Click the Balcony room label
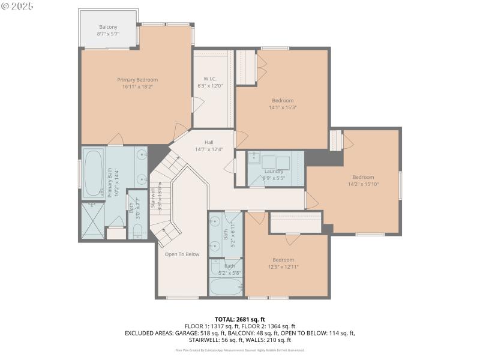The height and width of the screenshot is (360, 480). coord(108,26)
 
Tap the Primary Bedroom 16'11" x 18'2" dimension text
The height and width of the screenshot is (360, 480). coord(137,86)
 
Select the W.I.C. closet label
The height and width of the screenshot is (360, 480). coord(210,79)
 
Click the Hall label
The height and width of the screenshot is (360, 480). coord(209,142)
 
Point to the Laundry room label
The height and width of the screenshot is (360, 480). coord(274,171)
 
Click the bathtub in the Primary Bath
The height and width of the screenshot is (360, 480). coord(93,173)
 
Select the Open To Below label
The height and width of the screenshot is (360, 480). coord(182,254)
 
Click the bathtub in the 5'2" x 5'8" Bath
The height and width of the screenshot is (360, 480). coord(224,286)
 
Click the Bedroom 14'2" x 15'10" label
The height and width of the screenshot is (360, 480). coord(363,177)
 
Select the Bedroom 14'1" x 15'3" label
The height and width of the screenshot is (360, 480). coord(283,100)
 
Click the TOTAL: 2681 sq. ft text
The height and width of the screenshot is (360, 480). coord(239,319)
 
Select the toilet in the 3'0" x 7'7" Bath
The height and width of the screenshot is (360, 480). coord(137,231)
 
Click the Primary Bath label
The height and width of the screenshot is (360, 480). coord(110,182)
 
